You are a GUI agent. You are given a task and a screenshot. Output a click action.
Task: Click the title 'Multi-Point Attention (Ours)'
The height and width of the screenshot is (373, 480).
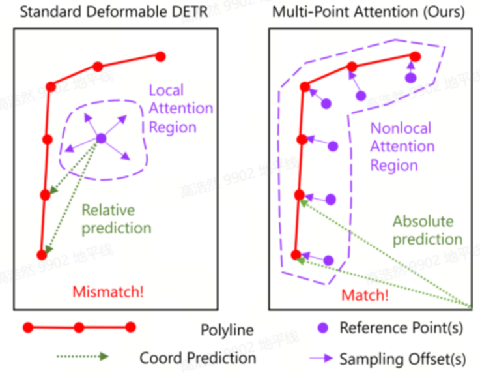367,12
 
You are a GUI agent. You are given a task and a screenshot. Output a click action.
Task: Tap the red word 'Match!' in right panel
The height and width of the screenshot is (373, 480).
365,295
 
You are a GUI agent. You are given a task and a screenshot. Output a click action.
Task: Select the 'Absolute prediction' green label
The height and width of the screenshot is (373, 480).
427,230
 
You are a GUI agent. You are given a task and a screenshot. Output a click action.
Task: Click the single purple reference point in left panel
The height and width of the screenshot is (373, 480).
101,138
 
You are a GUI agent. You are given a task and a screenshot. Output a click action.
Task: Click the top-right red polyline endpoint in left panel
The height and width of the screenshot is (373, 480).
160,57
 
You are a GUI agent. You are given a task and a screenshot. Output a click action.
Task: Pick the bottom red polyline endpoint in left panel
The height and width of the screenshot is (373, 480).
42,255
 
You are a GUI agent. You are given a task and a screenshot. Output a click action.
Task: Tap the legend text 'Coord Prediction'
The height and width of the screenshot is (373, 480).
197,357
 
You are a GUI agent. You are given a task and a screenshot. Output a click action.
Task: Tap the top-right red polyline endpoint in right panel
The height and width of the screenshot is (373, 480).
412,55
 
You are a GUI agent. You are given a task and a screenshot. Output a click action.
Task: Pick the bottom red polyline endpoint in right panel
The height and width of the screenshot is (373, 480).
296,255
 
